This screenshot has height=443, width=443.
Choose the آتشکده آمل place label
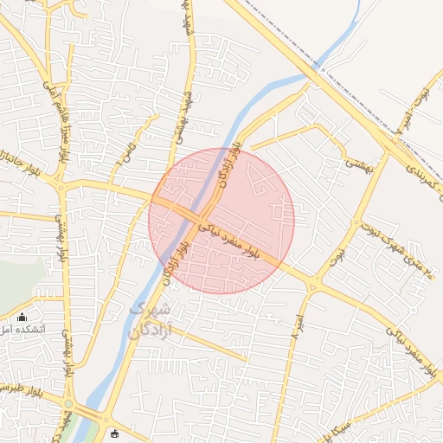click(x=17, y=330)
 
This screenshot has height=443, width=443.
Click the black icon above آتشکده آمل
click(x=22, y=317)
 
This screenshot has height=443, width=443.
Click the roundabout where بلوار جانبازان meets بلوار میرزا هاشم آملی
click(x=60, y=184)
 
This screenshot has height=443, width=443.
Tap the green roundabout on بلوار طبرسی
click(x=68, y=404)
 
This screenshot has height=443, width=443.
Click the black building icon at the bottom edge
click(x=115, y=433)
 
